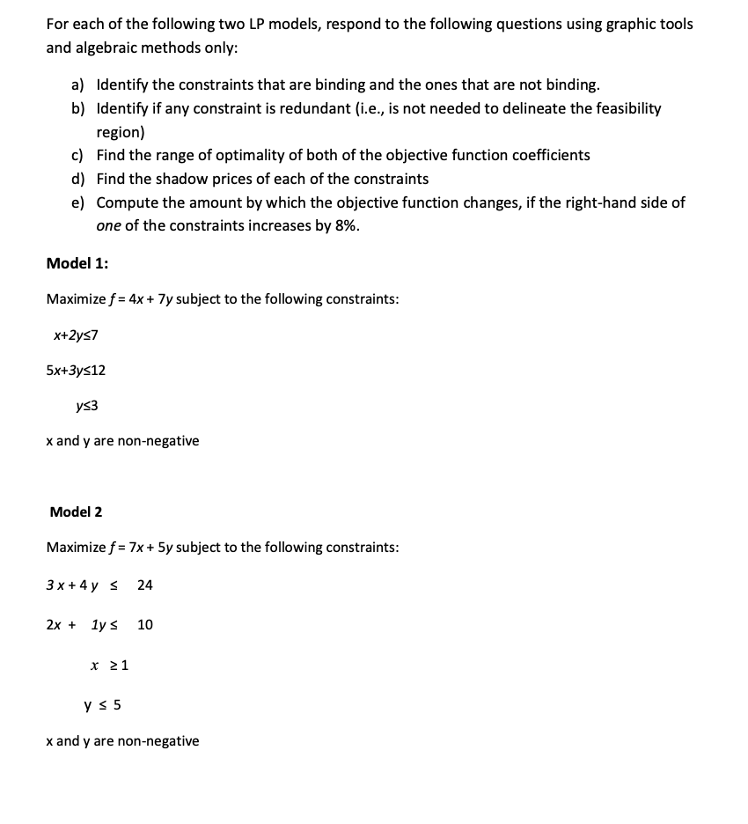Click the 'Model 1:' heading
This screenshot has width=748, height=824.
click(x=77, y=263)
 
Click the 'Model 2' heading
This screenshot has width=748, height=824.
click(x=76, y=511)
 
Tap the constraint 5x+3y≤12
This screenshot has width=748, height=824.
click(x=76, y=371)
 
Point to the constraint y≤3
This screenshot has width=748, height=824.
click(x=87, y=406)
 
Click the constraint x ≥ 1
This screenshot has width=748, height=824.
click(x=109, y=666)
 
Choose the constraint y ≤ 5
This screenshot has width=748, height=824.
click(x=102, y=704)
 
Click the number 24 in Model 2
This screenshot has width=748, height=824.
click(x=145, y=585)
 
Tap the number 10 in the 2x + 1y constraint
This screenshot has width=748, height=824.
click(x=145, y=625)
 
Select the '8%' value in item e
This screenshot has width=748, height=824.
click(x=345, y=225)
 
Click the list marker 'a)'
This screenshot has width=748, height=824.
click(x=78, y=85)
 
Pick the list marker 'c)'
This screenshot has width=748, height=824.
click(x=77, y=156)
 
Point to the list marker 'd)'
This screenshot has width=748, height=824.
click(x=78, y=179)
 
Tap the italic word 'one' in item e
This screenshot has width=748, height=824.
click(x=109, y=225)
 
